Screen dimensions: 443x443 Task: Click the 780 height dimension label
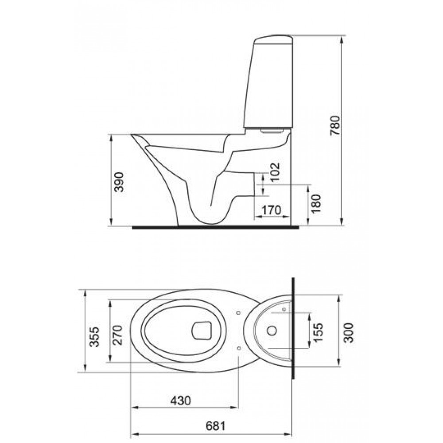[335, 125]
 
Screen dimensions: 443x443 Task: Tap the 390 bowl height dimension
[119, 182]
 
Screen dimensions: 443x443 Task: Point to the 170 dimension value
[271, 210]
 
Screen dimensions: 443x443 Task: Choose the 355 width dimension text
[95, 337]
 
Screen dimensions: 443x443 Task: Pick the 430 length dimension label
[181, 400]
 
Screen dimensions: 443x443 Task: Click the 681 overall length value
[216, 426]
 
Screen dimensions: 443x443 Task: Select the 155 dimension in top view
[318, 332]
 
